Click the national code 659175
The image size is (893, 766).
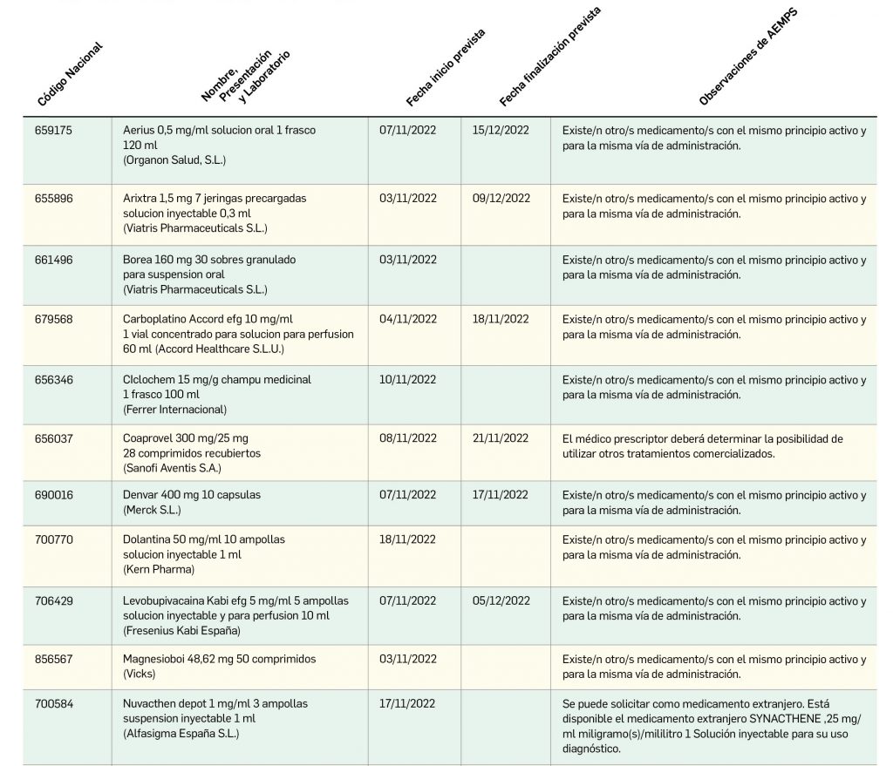[x=53, y=131]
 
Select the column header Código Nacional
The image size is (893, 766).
[x=70, y=75]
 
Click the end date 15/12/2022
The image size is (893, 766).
[x=501, y=131]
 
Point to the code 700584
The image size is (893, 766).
[x=54, y=703]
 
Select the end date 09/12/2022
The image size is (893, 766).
[x=501, y=199]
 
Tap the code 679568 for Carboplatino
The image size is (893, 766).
[x=54, y=320]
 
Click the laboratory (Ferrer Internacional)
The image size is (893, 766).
[x=174, y=410]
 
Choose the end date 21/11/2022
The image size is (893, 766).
[x=500, y=438]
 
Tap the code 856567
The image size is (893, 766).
[x=54, y=659]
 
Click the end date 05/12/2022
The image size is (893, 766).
[x=501, y=600]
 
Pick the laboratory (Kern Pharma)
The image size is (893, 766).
[x=159, y=570]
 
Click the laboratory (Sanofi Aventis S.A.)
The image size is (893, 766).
[x=173, y=468]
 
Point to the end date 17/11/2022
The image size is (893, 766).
[x=500, y=495]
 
